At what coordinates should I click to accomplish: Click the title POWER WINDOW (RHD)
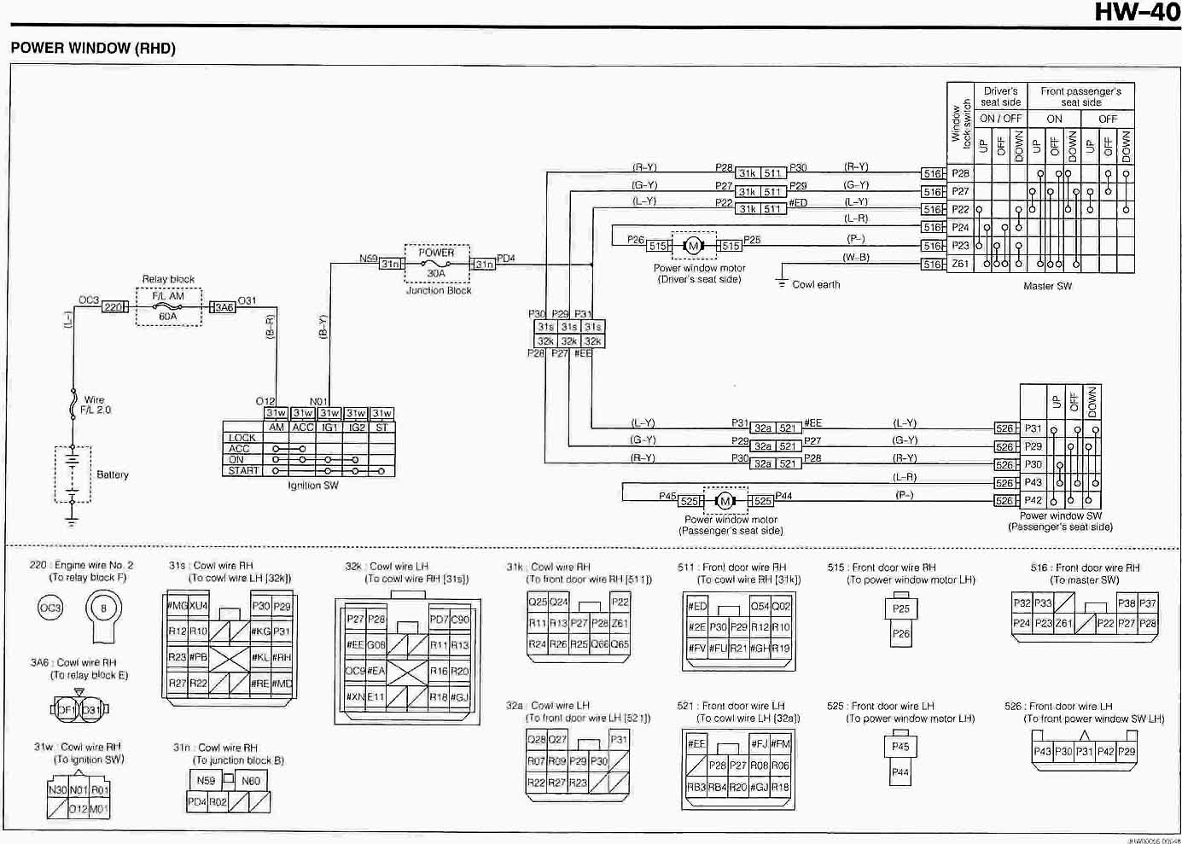[93, 48]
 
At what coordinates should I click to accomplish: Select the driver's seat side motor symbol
[693, 246]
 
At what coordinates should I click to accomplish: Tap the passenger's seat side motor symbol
[725, 501]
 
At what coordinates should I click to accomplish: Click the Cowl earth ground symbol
[782, 282]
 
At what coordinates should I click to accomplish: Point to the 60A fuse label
[167, 317]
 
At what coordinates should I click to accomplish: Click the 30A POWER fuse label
[436, 273]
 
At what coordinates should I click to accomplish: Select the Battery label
[112, 474]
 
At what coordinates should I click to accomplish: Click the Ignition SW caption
[312, 486]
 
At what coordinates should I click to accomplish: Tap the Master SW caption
[1047, 286]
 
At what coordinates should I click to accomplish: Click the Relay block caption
[168, 279]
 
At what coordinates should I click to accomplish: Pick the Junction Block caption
[439, 290]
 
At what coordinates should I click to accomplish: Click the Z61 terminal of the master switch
[960, 264]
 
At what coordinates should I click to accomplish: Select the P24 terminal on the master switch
[960, 228]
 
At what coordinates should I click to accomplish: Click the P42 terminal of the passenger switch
[1033, 501]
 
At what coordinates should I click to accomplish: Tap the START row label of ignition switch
[242, 470]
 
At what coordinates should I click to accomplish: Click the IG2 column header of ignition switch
[356, 427]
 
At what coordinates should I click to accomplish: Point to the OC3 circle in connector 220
[50, 608]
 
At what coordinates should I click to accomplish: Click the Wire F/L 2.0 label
[95, 405]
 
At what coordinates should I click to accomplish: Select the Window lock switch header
[961, 125]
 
